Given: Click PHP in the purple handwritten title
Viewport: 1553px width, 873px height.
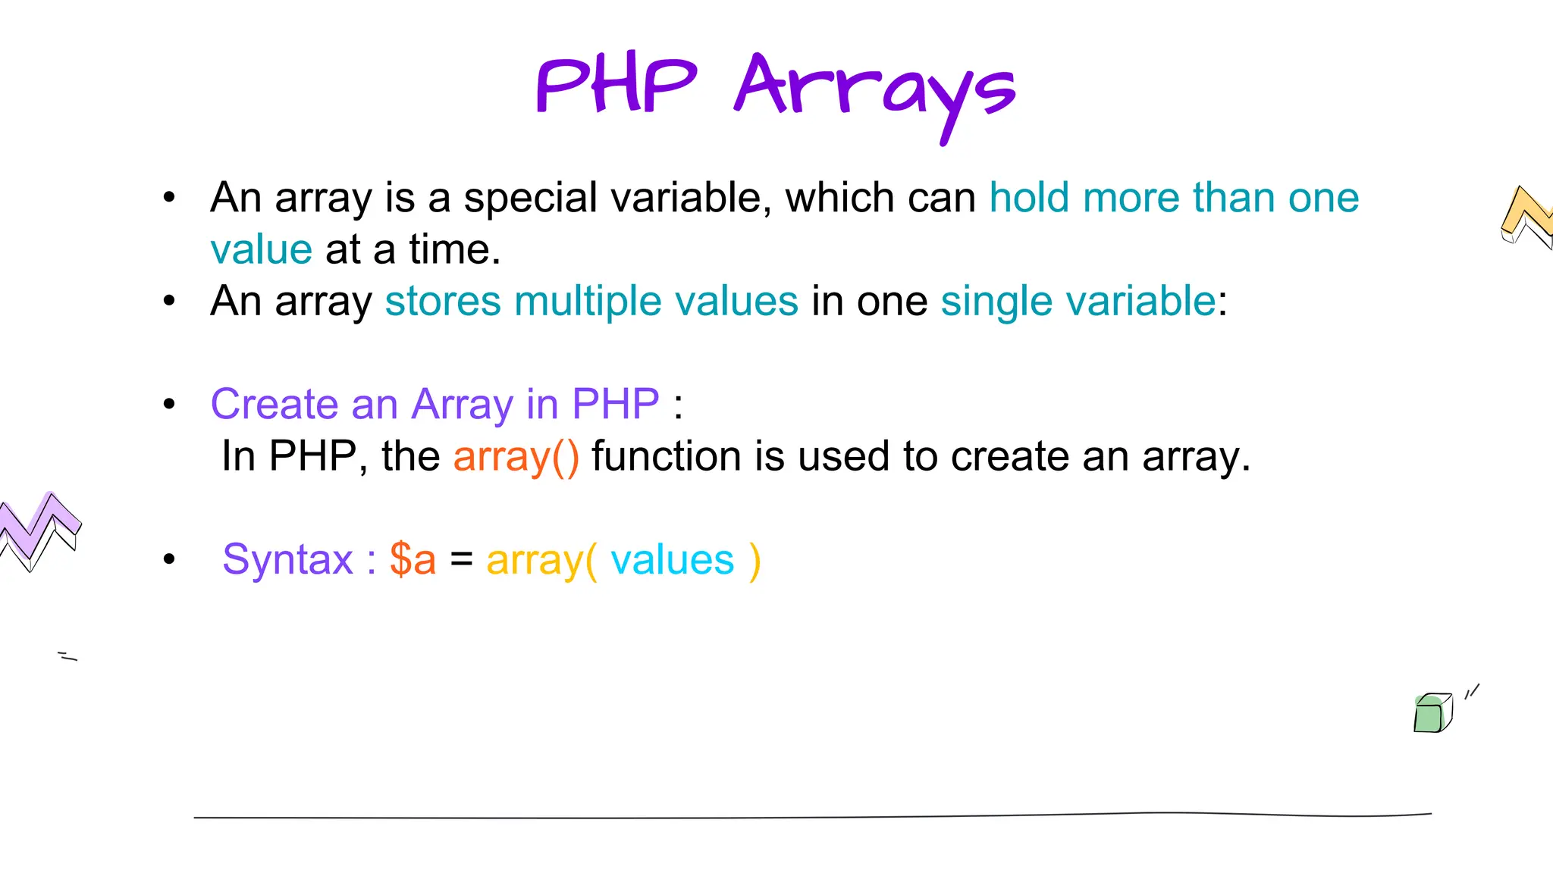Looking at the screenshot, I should (616, 86).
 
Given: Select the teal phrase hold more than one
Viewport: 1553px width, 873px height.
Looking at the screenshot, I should (1174, 198).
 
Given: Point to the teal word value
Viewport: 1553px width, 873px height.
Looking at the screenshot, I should (261, 249).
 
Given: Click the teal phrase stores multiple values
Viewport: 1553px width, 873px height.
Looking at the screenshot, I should (591, 301).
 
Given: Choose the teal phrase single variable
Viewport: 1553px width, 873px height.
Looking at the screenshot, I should (1078, 301).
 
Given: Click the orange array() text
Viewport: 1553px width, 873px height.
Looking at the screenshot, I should (516, 456).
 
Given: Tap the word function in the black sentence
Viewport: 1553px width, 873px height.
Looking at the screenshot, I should (666, 456).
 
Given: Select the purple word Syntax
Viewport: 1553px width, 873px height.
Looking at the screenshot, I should (288, 560).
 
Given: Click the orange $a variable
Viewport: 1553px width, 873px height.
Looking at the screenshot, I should (413, 560).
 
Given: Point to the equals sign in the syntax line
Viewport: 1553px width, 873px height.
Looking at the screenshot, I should (461, 560).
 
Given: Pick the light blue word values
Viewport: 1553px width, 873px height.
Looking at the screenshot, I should (673, 560).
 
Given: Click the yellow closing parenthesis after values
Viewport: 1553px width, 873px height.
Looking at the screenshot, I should (755, 562).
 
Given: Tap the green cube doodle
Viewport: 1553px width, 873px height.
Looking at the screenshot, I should (1432, 713).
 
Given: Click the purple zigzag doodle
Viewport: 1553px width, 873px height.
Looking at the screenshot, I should (38, 529).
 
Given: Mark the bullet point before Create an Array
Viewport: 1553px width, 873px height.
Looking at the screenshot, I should (169, 405).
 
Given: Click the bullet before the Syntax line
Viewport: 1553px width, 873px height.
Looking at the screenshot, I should (169, 560).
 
